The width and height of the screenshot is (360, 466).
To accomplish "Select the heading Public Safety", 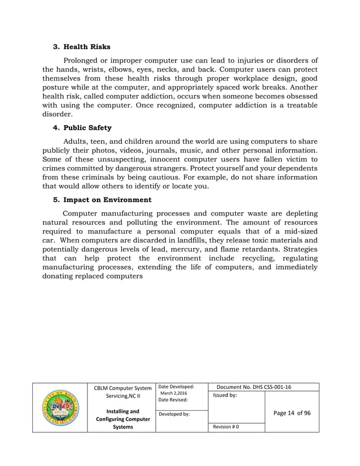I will click(x=87, y=128).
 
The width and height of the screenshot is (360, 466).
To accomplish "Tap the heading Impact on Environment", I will click(x=107, y=199).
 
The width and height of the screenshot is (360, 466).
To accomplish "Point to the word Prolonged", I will click(x=85, y=61).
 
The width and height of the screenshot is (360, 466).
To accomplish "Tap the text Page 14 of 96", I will click(x=292, y=413).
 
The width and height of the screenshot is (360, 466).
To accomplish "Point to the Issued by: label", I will click(x=225, y=396).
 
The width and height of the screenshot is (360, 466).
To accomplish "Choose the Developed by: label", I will click(x=175, y=414).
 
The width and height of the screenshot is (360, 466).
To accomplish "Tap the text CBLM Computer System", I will click(x=121, y=388).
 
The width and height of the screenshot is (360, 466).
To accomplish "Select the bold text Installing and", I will click(x=121, y=411).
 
